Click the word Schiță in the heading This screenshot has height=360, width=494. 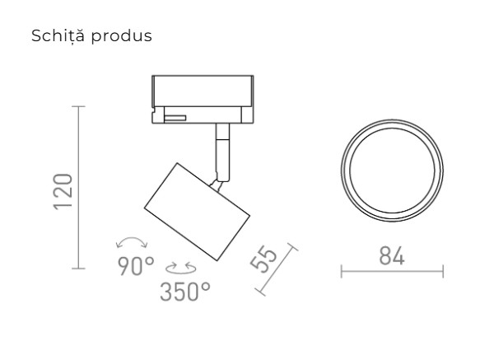coord(54,37)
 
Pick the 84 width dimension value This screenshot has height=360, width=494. coord(391,255)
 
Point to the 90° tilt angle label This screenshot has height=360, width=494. coord(135,266)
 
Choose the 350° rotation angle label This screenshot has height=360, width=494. coord(185,291)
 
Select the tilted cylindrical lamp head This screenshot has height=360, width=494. coord(196,210)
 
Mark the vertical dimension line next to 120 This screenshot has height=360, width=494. coord(79,187)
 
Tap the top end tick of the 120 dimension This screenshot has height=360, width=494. coord(79,106)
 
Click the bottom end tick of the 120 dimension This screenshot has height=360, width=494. coord(79,269)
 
